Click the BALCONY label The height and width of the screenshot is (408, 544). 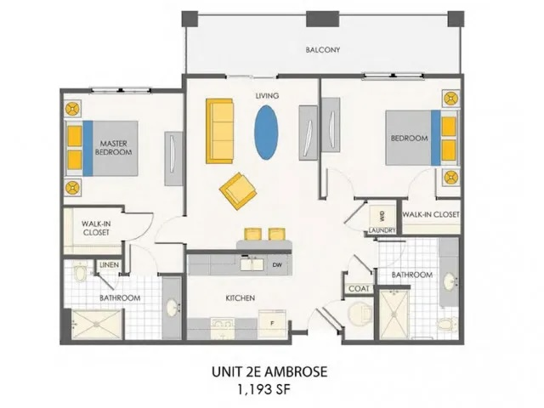[323, 50]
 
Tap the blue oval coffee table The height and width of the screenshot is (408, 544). [266, 131]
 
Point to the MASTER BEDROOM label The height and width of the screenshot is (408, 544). [115, 148]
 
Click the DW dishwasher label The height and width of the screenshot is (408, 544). [277, 264]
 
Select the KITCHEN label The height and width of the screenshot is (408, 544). [241, 298]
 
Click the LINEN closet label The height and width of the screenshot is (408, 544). [109, 266]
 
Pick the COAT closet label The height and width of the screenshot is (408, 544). [357, 289]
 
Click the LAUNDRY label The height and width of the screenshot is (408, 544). [382, 230]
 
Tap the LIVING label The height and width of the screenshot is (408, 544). [267, 96]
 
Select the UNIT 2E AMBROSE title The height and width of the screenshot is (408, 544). [267, 371]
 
